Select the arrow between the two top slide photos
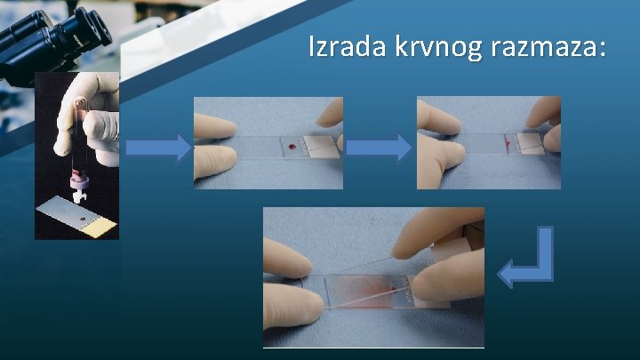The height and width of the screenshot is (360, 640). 379,148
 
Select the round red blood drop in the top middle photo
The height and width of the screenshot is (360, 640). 291,143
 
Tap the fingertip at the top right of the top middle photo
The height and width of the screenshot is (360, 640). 331,113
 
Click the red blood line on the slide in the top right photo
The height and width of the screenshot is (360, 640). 508,141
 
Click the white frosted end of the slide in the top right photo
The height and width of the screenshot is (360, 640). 532,145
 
